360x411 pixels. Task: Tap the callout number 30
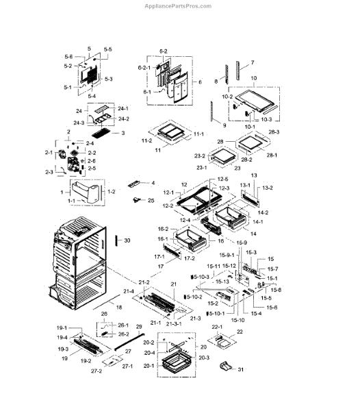coord(127,240)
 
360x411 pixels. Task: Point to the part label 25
coord(151,201)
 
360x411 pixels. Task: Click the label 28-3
coord(274,132)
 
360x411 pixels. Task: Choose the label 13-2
coord(267,188)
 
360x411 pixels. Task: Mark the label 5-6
coord(68,56)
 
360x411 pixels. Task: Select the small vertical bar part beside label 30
coord(117,240)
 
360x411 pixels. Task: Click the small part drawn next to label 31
coord(221,368)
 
